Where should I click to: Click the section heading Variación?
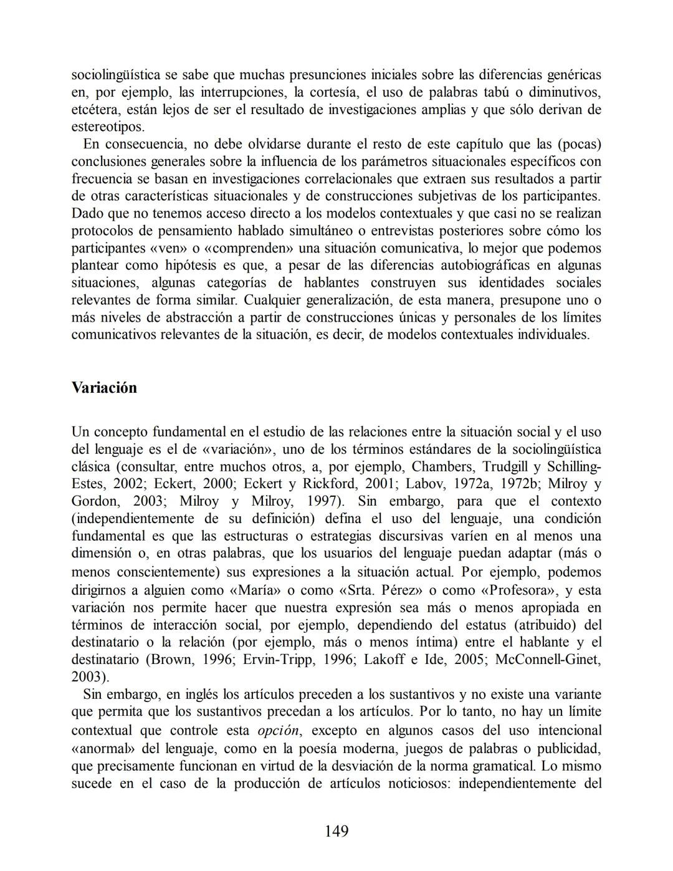pyautogui.click(x=104, y=387)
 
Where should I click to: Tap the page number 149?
pyautogui.click(x=336, y=830)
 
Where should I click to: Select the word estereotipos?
pyautogui.click(x=108, y=127)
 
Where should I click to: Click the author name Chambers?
pyautogui.click(x=442, y=467)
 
